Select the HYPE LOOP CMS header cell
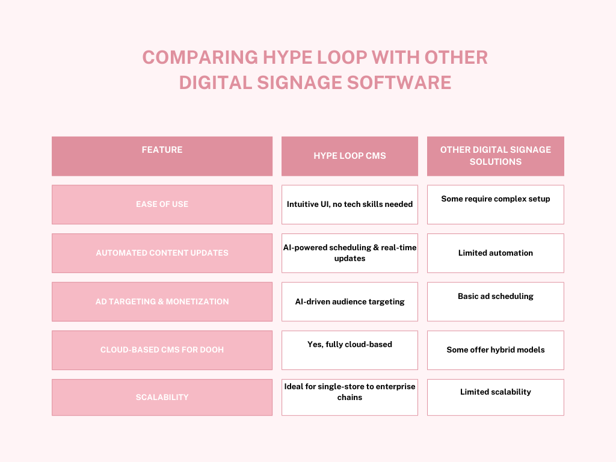(350, 156)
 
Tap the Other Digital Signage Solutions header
(495, 156)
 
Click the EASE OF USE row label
(162, 205)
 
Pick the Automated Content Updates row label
(162, 253)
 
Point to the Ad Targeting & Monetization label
(162, 302)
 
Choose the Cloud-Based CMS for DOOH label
(162, 350)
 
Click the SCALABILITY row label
(162, 398)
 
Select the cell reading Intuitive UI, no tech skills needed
(350, 205)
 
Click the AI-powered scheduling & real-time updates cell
(350, 253)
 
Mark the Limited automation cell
(495, 253)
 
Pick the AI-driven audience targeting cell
(350, 302)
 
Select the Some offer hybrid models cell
(495, 350)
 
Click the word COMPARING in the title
(199, 58)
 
